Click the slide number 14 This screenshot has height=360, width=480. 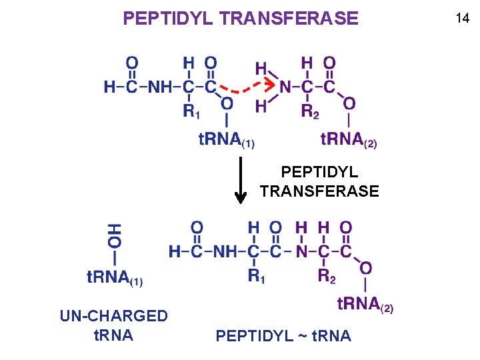pyautogui.click(x=462, y=19)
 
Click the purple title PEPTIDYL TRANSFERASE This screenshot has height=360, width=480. pyautogui.click(x=240, y=18)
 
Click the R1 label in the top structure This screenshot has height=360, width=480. pyautogui.click(x=191, y=111)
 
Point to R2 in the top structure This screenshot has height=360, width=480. pyautogui.click(x=310, y=111)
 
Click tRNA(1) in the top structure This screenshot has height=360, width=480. pyautogui.click(x=227, y=140)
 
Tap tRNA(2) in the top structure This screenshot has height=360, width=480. pyautogui.click(x=349, y=140)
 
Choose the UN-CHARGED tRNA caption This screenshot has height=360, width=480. pyautogui.click(x=113, y=325)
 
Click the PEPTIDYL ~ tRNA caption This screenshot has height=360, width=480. pyautogui.click(x=283, y=336)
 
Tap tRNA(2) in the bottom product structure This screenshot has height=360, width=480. pyautogui.click(x=365, y=305)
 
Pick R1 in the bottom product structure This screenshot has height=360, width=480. pyautogui.click(x=256, y=275)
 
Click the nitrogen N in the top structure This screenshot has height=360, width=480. pyautogui.click(x=285, y=87)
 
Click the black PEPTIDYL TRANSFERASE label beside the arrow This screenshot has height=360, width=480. pyautogui.click(x=319, y=182)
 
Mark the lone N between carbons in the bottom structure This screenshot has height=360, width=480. pyautogui.click(x=301, y=251)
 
